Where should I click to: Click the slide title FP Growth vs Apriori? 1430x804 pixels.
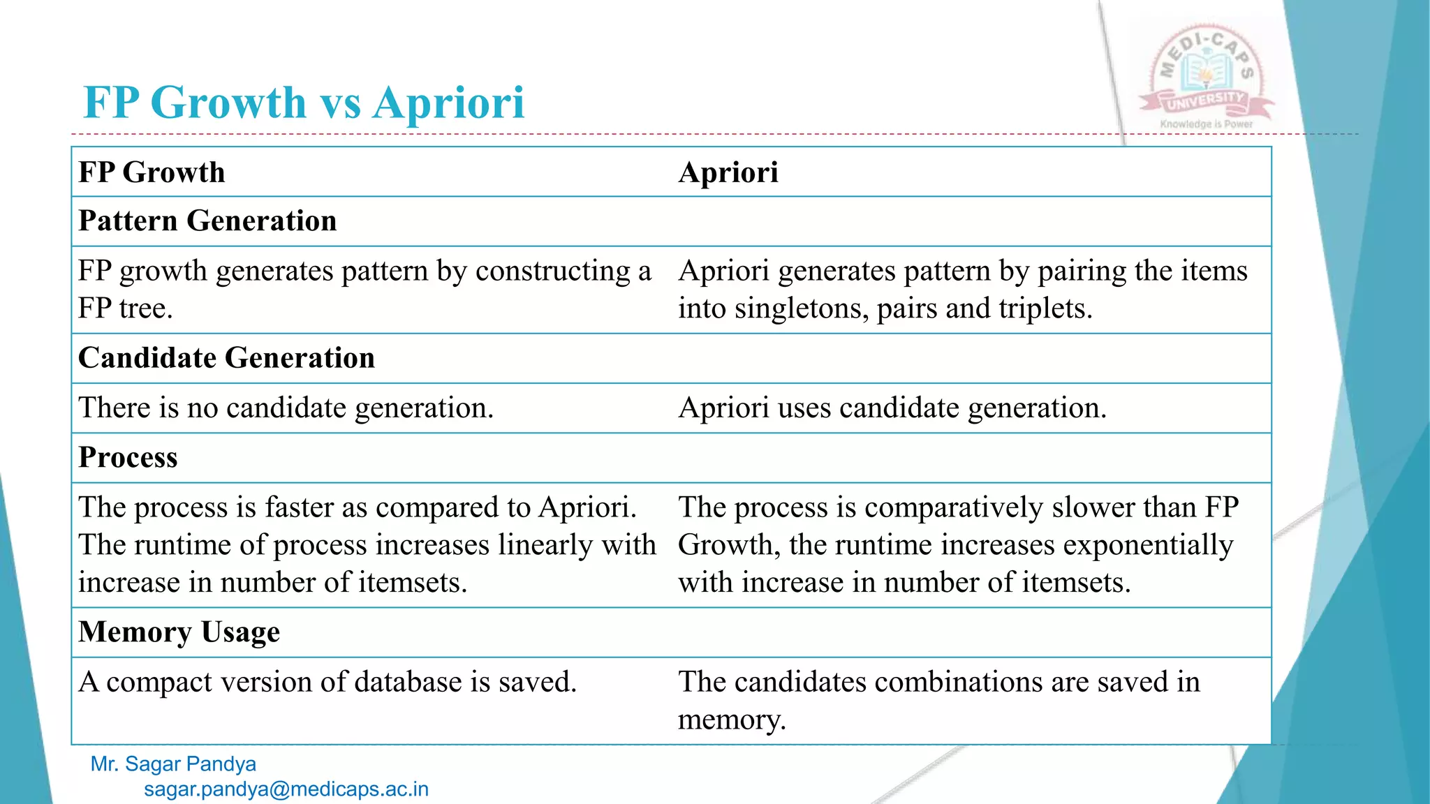[x=303, y=103]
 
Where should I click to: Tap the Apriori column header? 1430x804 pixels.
[x=728, y=172]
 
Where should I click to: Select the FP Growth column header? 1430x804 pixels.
[x=152, y=172]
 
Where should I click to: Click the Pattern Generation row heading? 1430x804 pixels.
[x=207, y=221]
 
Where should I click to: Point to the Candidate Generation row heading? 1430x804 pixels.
[x=226, y=358]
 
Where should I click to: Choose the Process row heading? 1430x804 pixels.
[x=128, y=458]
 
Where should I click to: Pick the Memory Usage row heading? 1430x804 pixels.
[x=179, y=632]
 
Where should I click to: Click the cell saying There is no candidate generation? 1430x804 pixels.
[x=286, y=408]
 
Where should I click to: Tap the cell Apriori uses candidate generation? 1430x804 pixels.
[x=892, y=408]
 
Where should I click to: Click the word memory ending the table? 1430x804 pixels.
[x=731, y=720]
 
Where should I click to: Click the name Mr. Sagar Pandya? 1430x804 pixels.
[x=173, y=764]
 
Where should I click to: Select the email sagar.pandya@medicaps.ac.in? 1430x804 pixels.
[x=286, y=789]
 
